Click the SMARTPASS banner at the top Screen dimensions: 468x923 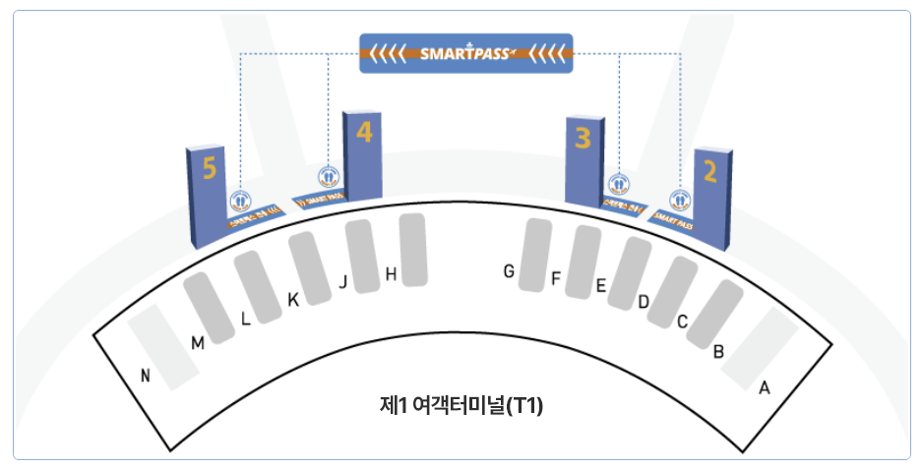coord(465,54)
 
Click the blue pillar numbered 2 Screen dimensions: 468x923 coord(712,197)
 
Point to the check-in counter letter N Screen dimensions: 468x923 coord(146,374)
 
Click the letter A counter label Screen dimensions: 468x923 coord(764,387)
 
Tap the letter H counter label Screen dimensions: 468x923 coord(391,275)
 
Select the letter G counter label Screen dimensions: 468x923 coord(509,271)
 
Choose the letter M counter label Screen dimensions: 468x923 coord(198,342)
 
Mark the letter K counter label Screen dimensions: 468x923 coord(292,299)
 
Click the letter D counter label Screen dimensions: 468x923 coord(644,302)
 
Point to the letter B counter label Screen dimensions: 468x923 coord(718,351)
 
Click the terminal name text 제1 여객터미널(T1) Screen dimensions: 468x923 coord(461,404)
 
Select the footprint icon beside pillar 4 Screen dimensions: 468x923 coord(329,178)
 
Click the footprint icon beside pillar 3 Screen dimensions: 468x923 coord(618,183)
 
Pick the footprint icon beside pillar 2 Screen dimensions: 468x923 coord(679,201)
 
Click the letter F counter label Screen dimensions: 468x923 coord(556,280)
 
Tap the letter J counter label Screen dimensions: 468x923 coord(342,282)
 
